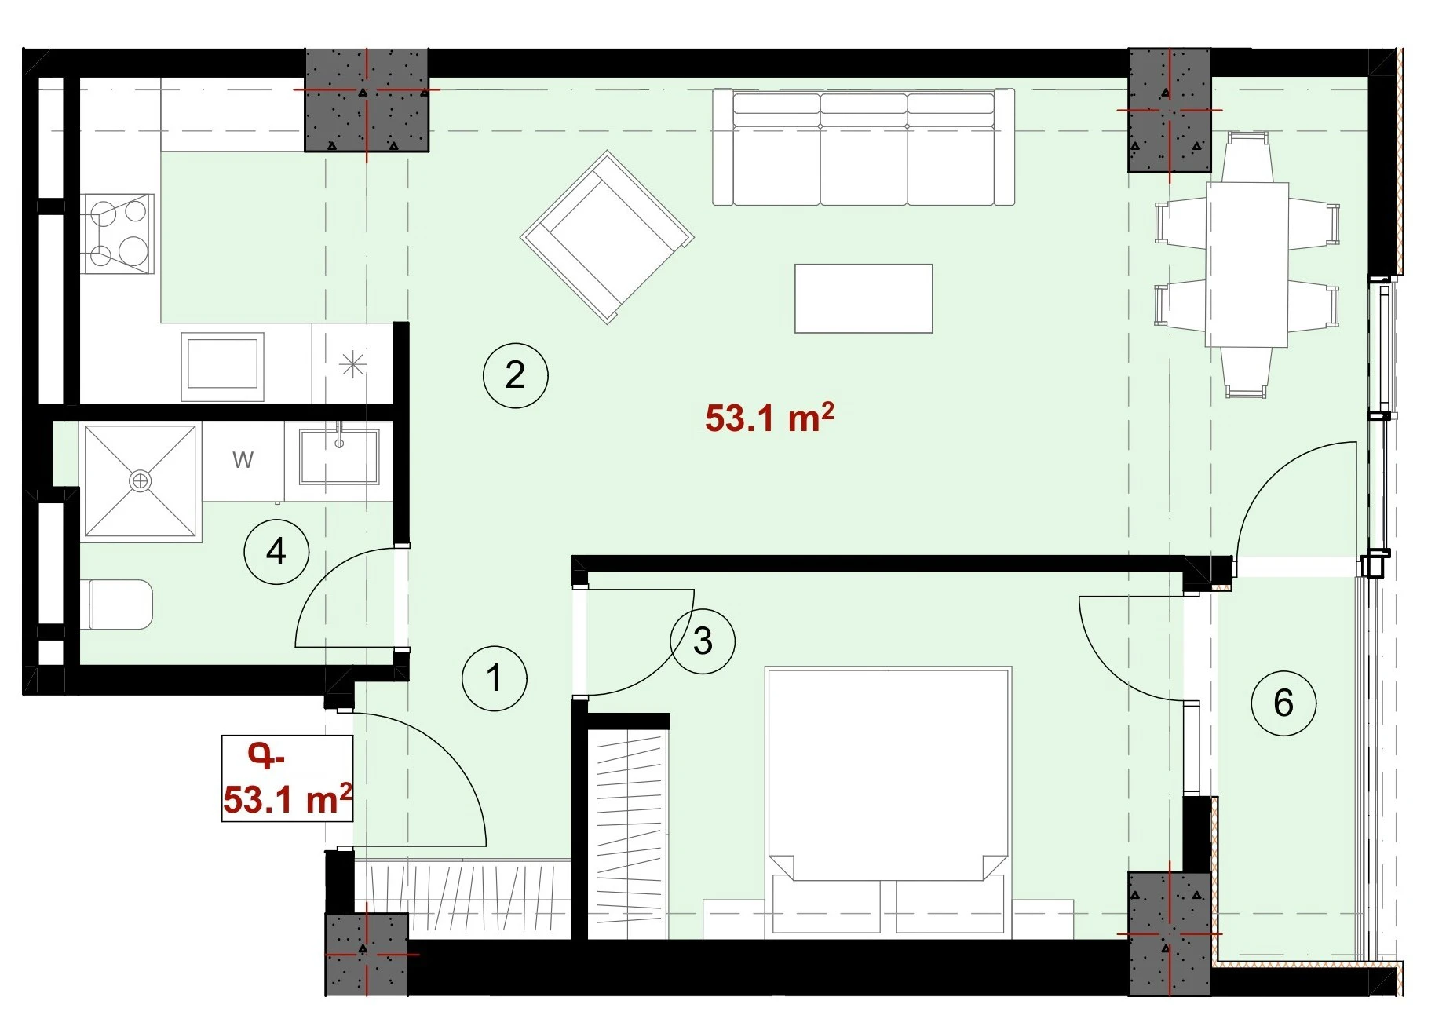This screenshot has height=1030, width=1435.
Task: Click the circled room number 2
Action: pos(515,374)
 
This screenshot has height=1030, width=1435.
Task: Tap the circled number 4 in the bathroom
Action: pos(276,551)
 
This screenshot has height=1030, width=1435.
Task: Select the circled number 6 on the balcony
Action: pos(1283,703)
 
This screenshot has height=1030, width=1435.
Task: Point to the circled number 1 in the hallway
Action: pos(495,678)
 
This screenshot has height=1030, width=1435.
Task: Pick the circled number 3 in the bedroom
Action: pos(703,641)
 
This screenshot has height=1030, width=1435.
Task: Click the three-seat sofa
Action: pos(864,147)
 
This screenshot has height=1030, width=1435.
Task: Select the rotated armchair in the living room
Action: pos(607,237)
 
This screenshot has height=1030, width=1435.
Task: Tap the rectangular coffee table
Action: pos(864,298)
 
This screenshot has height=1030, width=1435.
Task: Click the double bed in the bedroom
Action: pos(888,801)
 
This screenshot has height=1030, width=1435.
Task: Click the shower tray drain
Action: pos(141,480)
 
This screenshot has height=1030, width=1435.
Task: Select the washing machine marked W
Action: pos(243,460)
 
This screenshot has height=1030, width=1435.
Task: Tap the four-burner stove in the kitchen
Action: pos(118,233)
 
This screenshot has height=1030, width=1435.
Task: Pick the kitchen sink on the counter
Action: pos(222,367)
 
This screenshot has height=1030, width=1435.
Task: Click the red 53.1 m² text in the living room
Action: pos(769,418)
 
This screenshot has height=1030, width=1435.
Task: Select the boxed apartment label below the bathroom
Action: pos(287,779)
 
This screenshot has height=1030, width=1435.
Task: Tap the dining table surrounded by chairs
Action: pos(1247,265)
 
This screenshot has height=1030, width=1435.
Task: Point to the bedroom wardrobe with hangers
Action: pos(628,832)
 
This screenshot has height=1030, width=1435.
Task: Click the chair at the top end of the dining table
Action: pos(1247,157)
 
